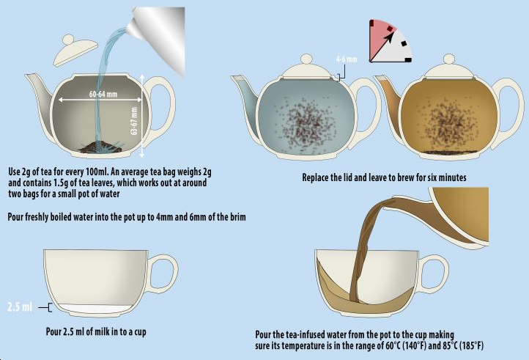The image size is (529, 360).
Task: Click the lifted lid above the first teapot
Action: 75,50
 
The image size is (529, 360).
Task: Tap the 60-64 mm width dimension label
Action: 103,94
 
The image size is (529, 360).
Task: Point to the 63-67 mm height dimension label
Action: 134,121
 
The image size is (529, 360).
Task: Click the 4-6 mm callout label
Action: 347,59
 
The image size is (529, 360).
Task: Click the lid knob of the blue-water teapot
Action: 306,59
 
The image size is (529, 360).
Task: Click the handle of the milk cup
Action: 163,273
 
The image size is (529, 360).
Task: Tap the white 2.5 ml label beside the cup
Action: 20,307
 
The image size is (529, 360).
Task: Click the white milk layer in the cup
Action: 95,309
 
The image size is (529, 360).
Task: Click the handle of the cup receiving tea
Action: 434,273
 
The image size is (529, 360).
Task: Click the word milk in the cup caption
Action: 98,331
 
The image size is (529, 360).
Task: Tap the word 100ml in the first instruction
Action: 96,172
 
